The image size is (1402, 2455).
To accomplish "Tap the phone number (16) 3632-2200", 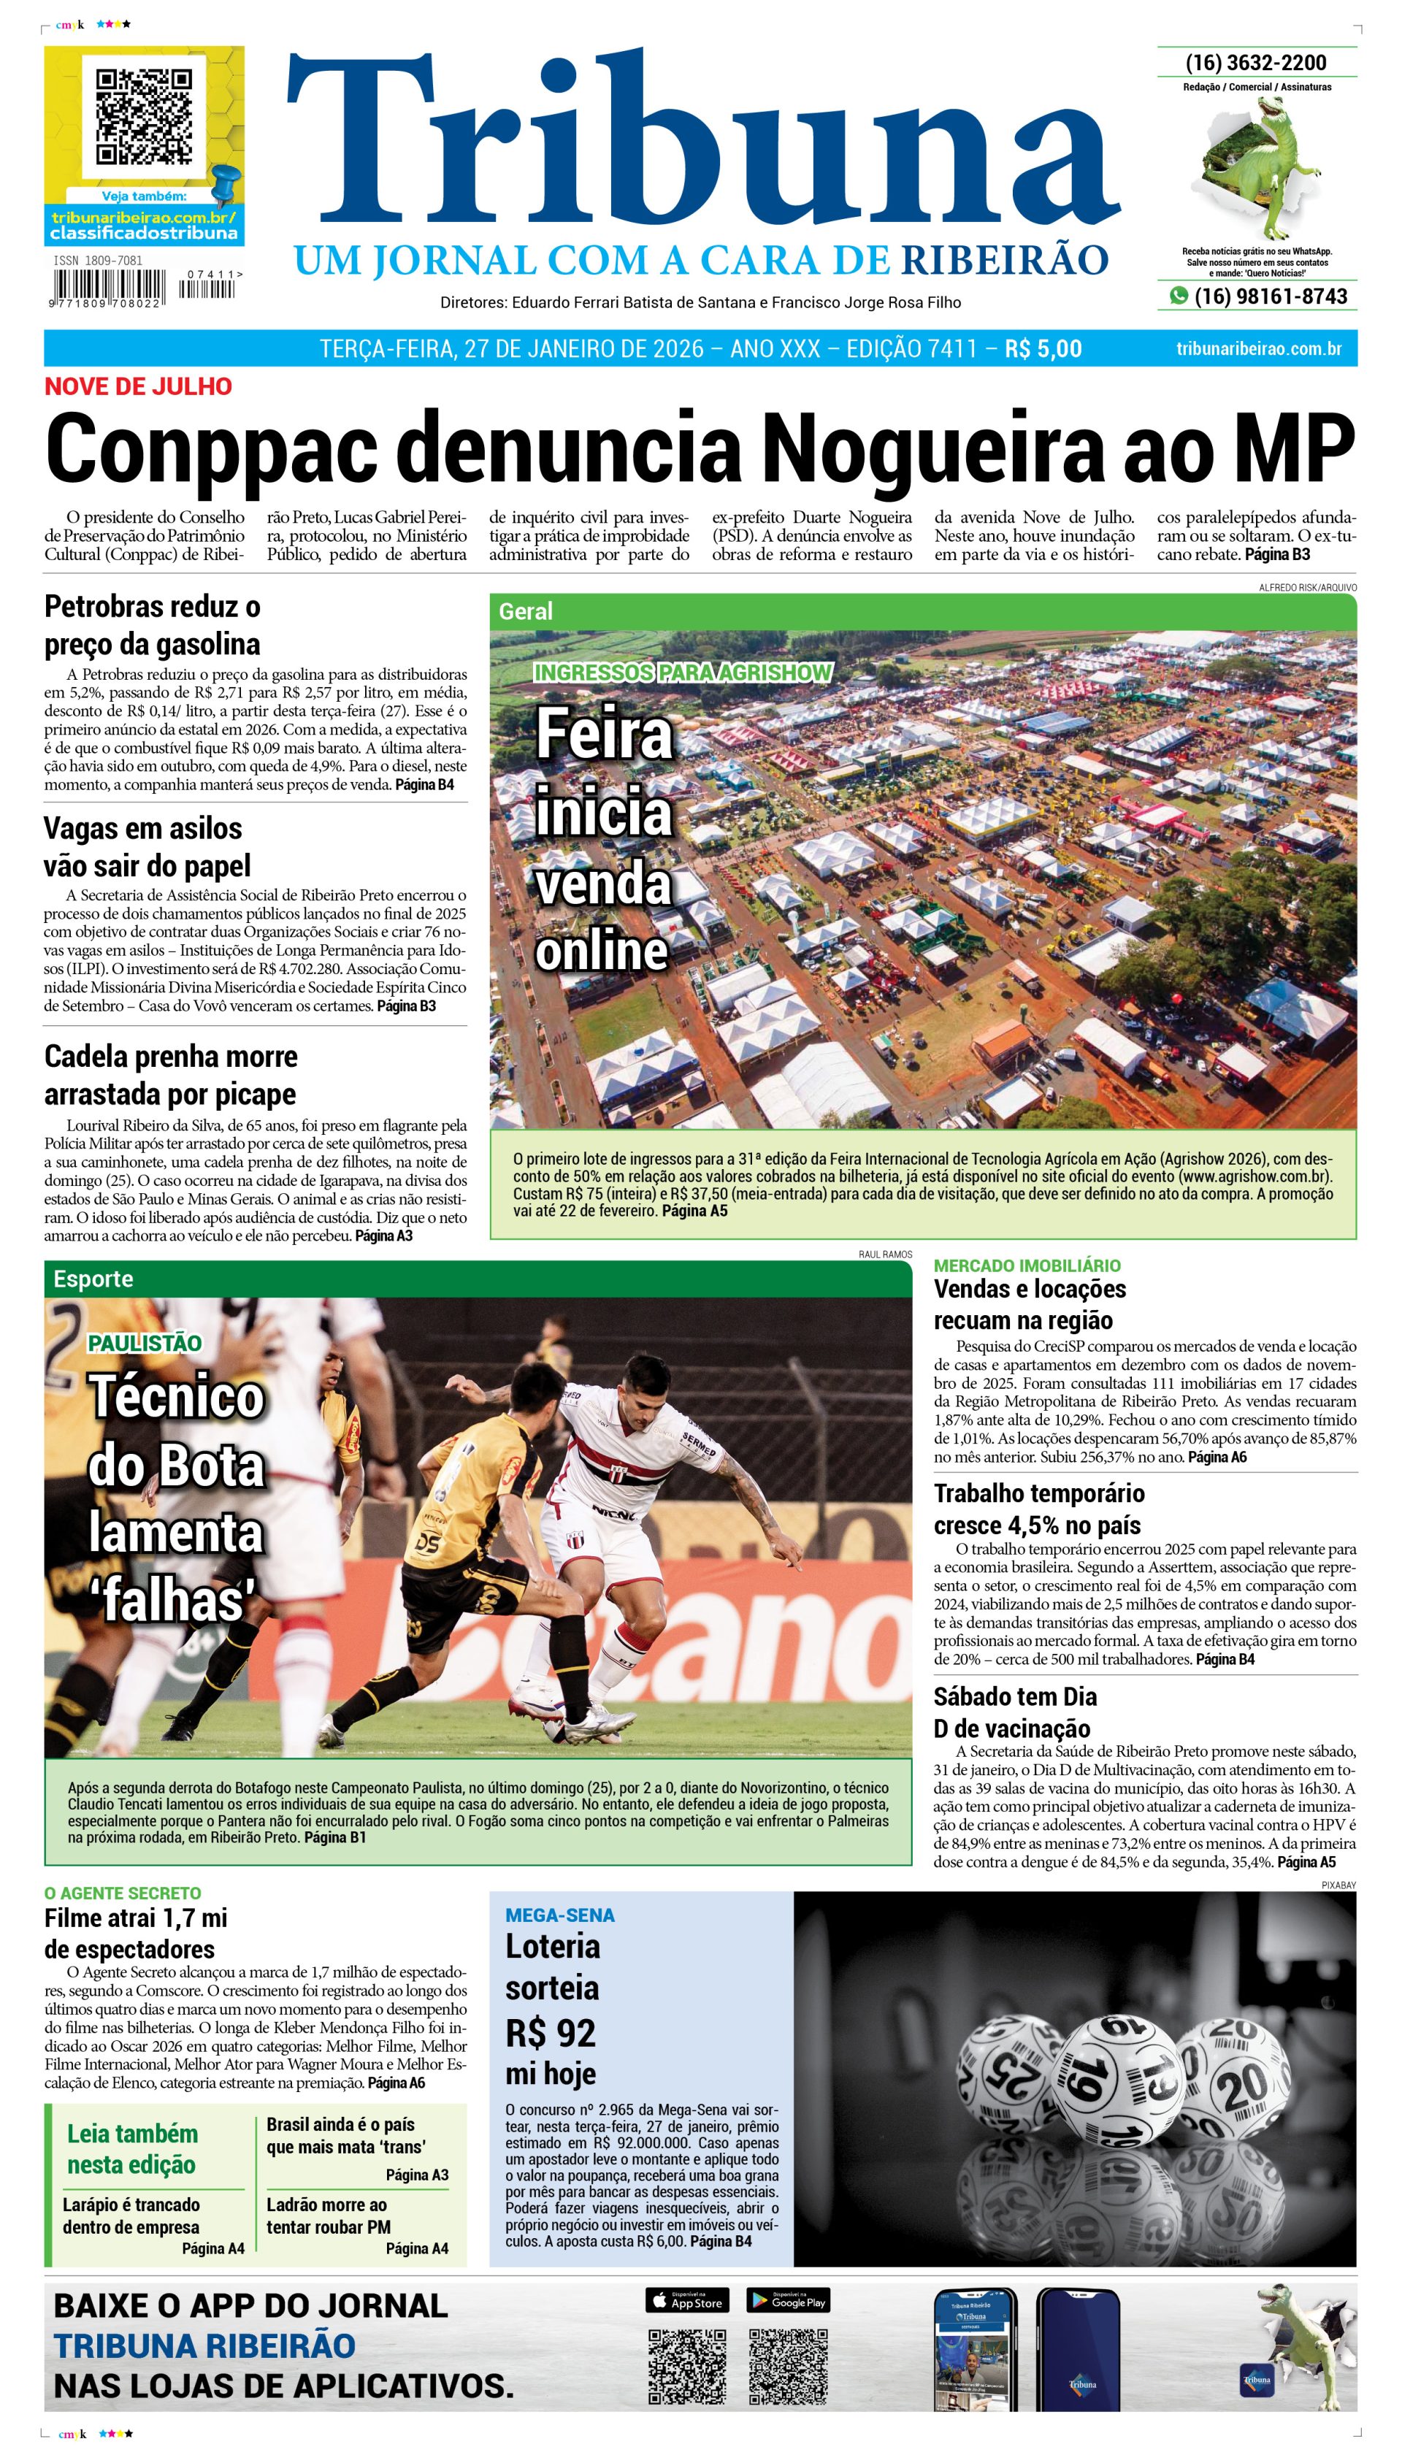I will click(x=1256, y=63).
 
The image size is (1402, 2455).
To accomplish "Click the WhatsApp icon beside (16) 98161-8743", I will click(x=1178, y=296).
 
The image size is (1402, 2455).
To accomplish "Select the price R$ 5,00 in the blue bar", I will click(x=1043, y=348).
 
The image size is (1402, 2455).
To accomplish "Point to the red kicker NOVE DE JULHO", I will click(x=138, y=386).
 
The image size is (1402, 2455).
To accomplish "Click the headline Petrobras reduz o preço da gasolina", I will click(x=152, y=625).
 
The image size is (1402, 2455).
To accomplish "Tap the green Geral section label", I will click(x=526, y=611).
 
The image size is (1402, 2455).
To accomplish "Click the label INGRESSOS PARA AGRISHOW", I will click(x=683, y=672).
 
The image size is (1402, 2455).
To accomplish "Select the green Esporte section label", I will click(x=93, y=1279).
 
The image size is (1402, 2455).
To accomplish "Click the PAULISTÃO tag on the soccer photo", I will click(x=145, y=1343).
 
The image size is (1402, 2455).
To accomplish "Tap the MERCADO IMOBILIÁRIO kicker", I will click(x=1027, y=1265).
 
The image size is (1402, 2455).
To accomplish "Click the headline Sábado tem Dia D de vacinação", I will click(x=1014, y=1712).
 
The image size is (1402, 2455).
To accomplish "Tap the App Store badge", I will click(x=686, y=2302).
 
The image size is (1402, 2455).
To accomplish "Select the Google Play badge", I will click(x=788, y=2302).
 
